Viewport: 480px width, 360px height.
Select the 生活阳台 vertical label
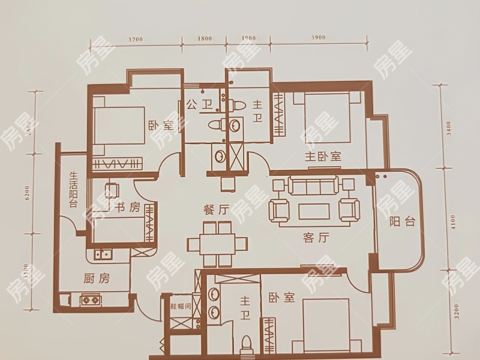(x=74, y=190)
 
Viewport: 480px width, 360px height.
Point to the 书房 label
(x=127, y=208)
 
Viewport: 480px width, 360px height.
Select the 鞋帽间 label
(x=180, y=306)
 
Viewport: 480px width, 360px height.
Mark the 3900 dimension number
(x=318, y=38)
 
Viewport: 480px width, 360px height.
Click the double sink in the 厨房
(x=104, y=254)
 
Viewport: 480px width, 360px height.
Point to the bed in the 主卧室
(x=326, y=119)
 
